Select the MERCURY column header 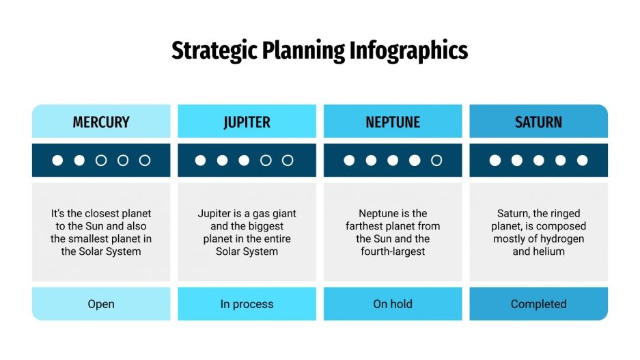pyautogui.click(x=101, y=122)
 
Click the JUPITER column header pyautogui.click(x=247, y=122)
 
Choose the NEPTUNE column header pyautogui.click(x=393, y=122)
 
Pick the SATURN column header pyautogui.click(x=538, y=122)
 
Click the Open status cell pyautogui.click(x=101, y=304)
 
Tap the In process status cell pyautogui.click(x=247, y=304)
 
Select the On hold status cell pyautogui.click(x=393, y=304)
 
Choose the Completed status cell pyautogui.click(x=538, y=304)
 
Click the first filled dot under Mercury pyautogui.click(x=57, y=161)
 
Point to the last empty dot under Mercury pyautogui.click(x=145, y=161)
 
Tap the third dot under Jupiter pyautogui.click(x=244, y=161)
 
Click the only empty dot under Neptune pyautogui.click(x=436, y=161)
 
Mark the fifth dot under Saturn pyautogui.click(x=582, y=161)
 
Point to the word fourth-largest pyautogui.click(x=393, y=251)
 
